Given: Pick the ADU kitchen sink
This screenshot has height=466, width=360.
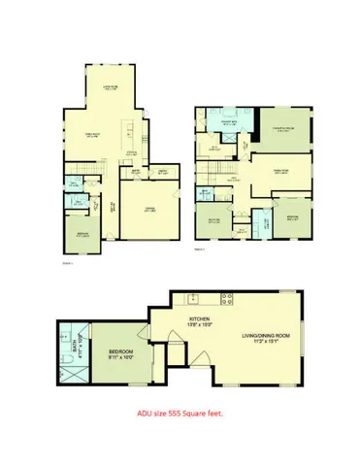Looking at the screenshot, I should click(x=193, y=295).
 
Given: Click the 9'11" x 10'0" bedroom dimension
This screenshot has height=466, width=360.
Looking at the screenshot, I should click(x=121, y=356).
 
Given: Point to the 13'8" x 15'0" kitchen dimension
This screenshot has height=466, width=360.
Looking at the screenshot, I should click(x=200, y=327).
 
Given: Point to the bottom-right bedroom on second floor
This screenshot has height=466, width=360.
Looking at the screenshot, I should click(x=292, y=216).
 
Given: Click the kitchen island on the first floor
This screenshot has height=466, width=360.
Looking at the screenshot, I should click(x=130, y=137).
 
